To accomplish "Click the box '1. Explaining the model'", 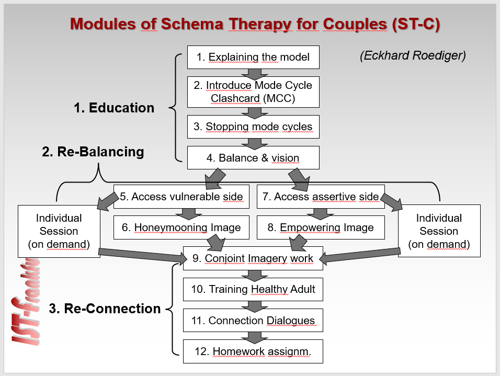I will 253,57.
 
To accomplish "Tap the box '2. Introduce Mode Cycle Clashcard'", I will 253,92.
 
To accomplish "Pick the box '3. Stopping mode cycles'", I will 253,127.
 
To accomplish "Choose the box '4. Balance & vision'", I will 253,157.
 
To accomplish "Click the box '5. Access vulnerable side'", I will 181,197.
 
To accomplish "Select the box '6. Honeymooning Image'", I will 181,227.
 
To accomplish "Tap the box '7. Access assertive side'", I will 321,197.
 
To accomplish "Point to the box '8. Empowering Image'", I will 321,227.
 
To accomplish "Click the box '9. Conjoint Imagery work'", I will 253,258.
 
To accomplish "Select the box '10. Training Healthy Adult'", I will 253,289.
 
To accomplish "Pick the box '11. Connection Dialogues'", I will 253,320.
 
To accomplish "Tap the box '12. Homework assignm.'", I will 253,351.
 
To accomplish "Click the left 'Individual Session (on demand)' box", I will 59,231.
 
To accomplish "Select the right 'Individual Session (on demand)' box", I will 439,231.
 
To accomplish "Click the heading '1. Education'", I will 114,108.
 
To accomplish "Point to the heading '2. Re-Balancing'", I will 93,152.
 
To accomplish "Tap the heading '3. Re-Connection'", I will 105,309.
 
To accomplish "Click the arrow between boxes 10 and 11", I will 253,305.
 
